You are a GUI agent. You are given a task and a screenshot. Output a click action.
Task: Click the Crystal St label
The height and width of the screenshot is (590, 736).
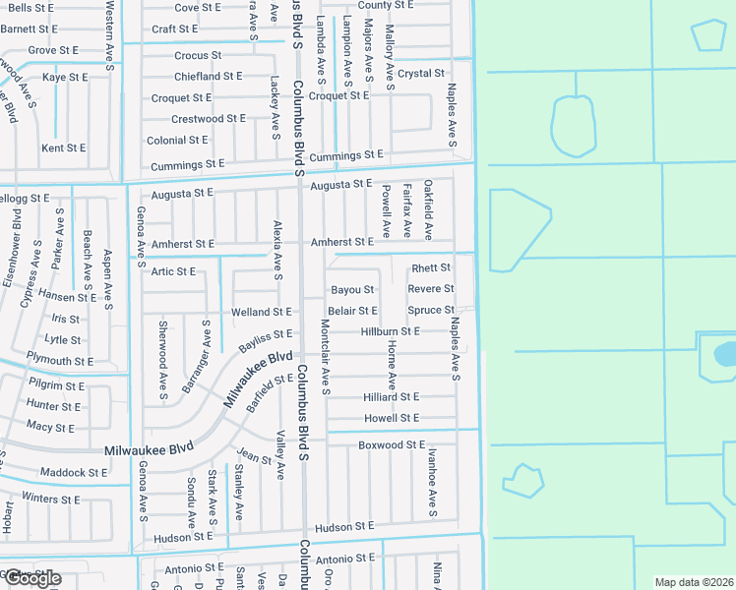[x=421, y=73]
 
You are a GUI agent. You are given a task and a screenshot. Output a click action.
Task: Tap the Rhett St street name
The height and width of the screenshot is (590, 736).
[x=431, y=267]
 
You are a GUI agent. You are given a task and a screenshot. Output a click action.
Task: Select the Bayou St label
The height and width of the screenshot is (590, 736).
[x=352, y=290]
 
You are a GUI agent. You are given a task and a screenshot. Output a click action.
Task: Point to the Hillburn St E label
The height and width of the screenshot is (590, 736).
[x=390, y=332]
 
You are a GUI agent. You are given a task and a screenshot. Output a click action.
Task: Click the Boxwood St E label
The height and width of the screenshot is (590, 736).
[x=392, y=445]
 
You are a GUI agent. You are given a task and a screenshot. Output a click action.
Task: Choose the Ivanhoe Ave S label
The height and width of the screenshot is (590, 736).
[x=432, y=482]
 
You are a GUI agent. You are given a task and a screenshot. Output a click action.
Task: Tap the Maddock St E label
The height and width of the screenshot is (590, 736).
[x=74, y=473]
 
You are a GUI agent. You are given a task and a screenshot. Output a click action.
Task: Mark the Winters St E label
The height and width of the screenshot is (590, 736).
[x=52, y=499]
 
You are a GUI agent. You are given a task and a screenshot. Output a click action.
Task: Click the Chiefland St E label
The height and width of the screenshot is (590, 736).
[x=208, y=76]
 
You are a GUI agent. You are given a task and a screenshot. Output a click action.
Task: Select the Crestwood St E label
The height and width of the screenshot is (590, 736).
[x=209, y=119]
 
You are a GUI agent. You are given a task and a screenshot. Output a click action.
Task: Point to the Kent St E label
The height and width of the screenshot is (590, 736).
[x=63, y=148]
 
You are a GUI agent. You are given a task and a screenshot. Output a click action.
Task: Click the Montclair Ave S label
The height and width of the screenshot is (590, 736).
[x=325, y=358]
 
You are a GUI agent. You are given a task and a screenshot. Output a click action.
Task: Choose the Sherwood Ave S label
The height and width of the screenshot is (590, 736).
[x=163, y=359]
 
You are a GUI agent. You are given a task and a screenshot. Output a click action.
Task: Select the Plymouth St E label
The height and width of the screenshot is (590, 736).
[x=61, y=361]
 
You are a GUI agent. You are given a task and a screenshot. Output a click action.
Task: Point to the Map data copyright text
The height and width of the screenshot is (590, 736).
[x=693, y=582]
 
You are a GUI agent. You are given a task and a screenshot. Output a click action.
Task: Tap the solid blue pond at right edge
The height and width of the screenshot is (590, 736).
[x=725, y=354]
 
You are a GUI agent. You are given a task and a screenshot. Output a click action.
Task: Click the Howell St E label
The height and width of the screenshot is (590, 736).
[x=391, y=418]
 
